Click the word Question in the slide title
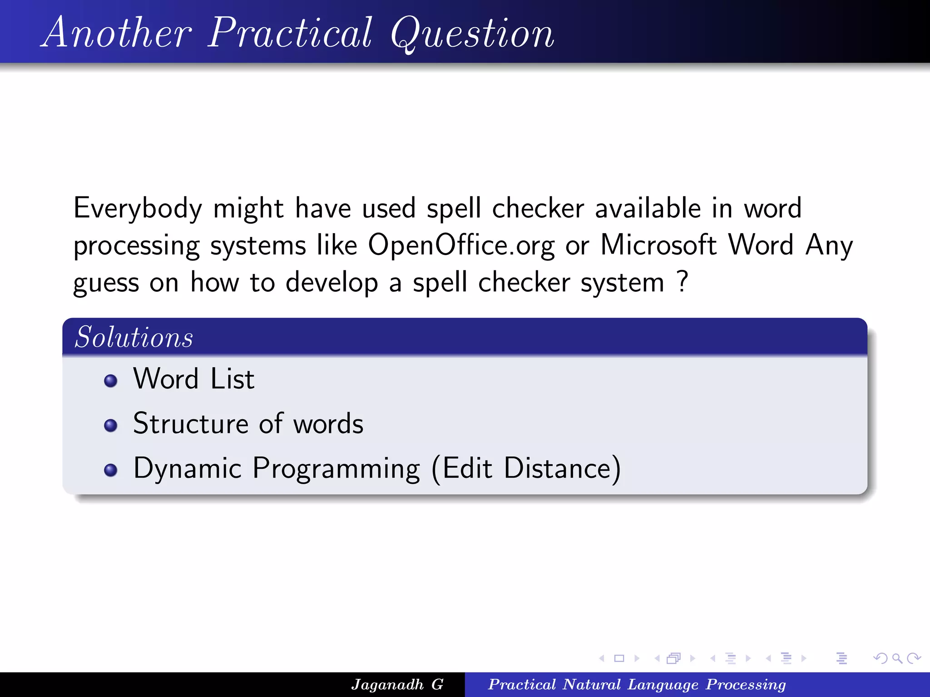point(472,34)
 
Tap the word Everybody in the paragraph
point(138,209)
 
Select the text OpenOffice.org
point(461,245)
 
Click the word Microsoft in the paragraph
point(658,245)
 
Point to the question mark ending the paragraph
point(682,281)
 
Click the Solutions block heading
point(134,338)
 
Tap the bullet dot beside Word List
point(110,380)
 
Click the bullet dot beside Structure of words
point(110,425)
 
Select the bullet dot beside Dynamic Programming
point(110,470)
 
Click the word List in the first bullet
point(232,379)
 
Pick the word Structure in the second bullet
point(190,424)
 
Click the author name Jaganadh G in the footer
point(397,684)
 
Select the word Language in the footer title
point(663,684)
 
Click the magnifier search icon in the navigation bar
point(897,658)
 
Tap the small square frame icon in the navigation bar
point(619,658)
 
